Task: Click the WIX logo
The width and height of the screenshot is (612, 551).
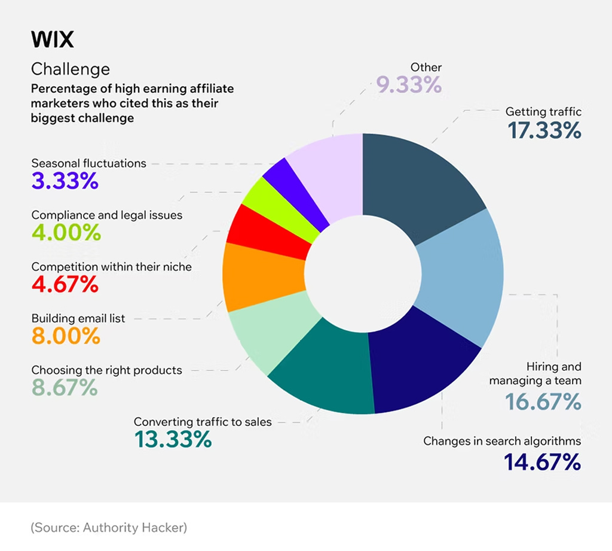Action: point(52,40)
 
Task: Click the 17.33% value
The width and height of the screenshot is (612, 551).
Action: point(544,131)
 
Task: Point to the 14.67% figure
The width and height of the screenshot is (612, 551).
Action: point(541,462)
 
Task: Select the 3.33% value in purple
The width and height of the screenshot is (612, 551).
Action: point(65,181)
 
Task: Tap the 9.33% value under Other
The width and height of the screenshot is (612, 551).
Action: point(409,86)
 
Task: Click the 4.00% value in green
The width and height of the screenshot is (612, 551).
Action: point(66,233)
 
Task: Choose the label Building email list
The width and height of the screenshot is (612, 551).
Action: point(78,319)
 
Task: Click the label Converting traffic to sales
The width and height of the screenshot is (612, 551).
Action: point(203,422)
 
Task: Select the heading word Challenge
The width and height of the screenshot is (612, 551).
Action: point(71,69)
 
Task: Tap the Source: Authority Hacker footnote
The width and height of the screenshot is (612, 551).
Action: point(109,528)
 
